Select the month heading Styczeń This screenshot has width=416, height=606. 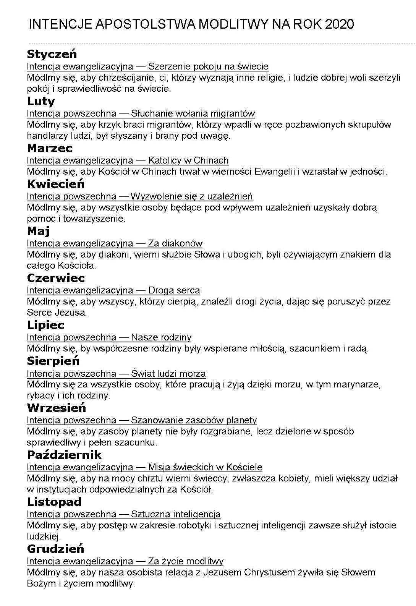click(x=52, y=54)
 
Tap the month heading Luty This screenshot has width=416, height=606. click(x=41, y=101)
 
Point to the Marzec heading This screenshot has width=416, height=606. click(x=49, y=148)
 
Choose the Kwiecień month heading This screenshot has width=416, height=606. click(x=55, y=184)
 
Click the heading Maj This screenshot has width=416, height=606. click(x=38, y=231)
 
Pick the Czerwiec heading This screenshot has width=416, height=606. click(x=56, y=278)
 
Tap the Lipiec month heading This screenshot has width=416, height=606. click(x=45, y=325)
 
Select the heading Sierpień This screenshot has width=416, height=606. click(x=53, y=361)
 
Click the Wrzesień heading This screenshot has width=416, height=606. click(x=57, y=408)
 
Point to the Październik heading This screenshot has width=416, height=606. click(x=64, y=455)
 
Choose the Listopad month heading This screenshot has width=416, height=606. click(x=54, y=502)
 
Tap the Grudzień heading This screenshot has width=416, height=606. click(x=55, y=549)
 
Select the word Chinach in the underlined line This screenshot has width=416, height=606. click(x=211, y=160)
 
